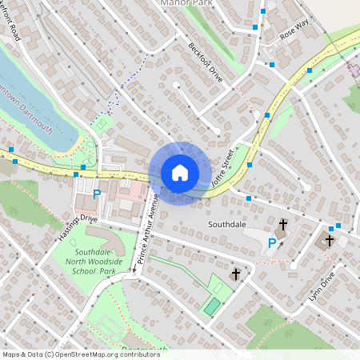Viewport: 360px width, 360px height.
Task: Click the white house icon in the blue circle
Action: coord(179,172)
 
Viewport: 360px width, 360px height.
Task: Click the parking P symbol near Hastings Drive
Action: coord(97,194)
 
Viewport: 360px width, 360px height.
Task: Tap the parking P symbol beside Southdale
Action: coord(272,243)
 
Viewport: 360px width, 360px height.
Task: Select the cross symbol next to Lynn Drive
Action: coord(329,240)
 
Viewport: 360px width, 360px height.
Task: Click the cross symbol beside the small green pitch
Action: coord(235,274)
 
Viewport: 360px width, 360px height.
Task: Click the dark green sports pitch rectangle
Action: coord(211,306)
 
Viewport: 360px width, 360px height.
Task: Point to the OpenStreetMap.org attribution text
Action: coord(70,354)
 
